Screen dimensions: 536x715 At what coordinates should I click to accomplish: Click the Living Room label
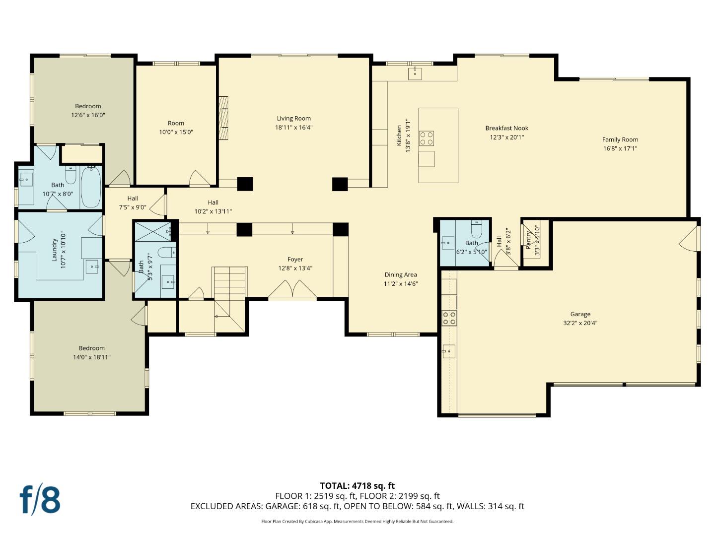pyautogui.click(x=293, y=119)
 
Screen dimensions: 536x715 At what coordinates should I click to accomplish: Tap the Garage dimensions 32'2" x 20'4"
pyautogui.click(x=580, y=323)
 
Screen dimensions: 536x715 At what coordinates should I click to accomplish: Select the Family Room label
pyautogui.click(x=620, y=140)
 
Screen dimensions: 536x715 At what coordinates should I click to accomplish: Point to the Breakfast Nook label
pyautogui.click(x=506, y=129)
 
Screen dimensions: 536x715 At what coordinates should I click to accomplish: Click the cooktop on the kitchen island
pyautogui.click(x=427, y=138)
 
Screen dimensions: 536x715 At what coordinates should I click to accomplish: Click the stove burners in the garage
pyautogui.click(x=449, y=318)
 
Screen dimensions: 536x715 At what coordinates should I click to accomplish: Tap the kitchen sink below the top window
pyautogui.click(x=415, y=73)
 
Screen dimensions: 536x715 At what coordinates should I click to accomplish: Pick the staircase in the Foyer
pyautogui.click(x=230, y=298)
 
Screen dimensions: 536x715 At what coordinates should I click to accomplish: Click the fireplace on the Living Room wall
pyautogui.click(x=224, y=118)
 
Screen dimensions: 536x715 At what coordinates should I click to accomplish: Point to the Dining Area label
pyautogui.click(x=400, y=275)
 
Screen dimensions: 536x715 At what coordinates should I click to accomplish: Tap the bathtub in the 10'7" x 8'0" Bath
pyautogui.click(x=91, y=188)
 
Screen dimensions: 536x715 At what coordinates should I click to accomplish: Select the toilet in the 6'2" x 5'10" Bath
pyautogui.click(x=477, y=230)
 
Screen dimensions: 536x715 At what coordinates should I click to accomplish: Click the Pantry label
pyautogui.click(x=529, y=240)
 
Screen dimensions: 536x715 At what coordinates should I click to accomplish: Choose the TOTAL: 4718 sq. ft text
pyautogui.click(x=357, y=486)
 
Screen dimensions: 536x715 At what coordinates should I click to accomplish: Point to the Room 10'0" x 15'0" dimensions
pyautogui.click(x=176, y=133)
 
